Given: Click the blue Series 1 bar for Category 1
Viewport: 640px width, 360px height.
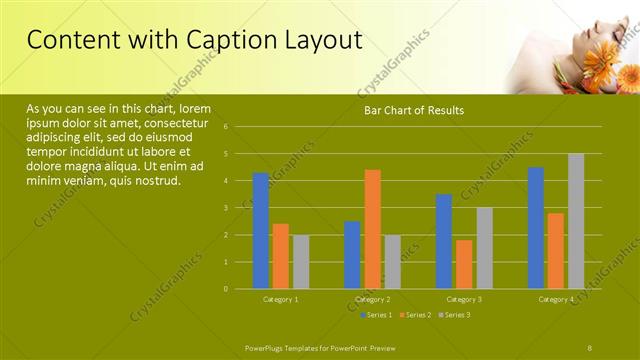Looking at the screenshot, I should click(261, 231).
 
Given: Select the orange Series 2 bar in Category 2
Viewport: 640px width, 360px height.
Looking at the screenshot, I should click(372, 229).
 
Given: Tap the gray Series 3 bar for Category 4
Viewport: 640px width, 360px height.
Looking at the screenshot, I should click(576, 221).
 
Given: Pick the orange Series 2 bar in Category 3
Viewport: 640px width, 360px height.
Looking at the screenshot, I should click(464, 264).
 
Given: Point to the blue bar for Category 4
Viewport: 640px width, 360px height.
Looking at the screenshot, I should click(536, 228).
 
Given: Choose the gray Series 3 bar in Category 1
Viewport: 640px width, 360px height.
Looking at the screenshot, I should click(301, 262).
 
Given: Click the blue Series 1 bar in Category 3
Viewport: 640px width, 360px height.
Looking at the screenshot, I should click(444, 241).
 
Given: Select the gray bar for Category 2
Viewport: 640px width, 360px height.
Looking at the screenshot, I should click(392, 262).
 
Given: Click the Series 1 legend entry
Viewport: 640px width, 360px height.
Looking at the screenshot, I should click(375, 315).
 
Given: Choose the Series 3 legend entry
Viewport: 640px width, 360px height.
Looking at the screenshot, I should click(455, 315).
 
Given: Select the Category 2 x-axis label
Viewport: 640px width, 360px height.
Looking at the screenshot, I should click(372, 299).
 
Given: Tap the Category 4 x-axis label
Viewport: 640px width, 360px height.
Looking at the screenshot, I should click(556, 299).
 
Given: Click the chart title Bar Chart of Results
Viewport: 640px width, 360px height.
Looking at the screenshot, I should click(413, 110).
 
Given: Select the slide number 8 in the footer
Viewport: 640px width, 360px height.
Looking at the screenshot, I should click(590, 346).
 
